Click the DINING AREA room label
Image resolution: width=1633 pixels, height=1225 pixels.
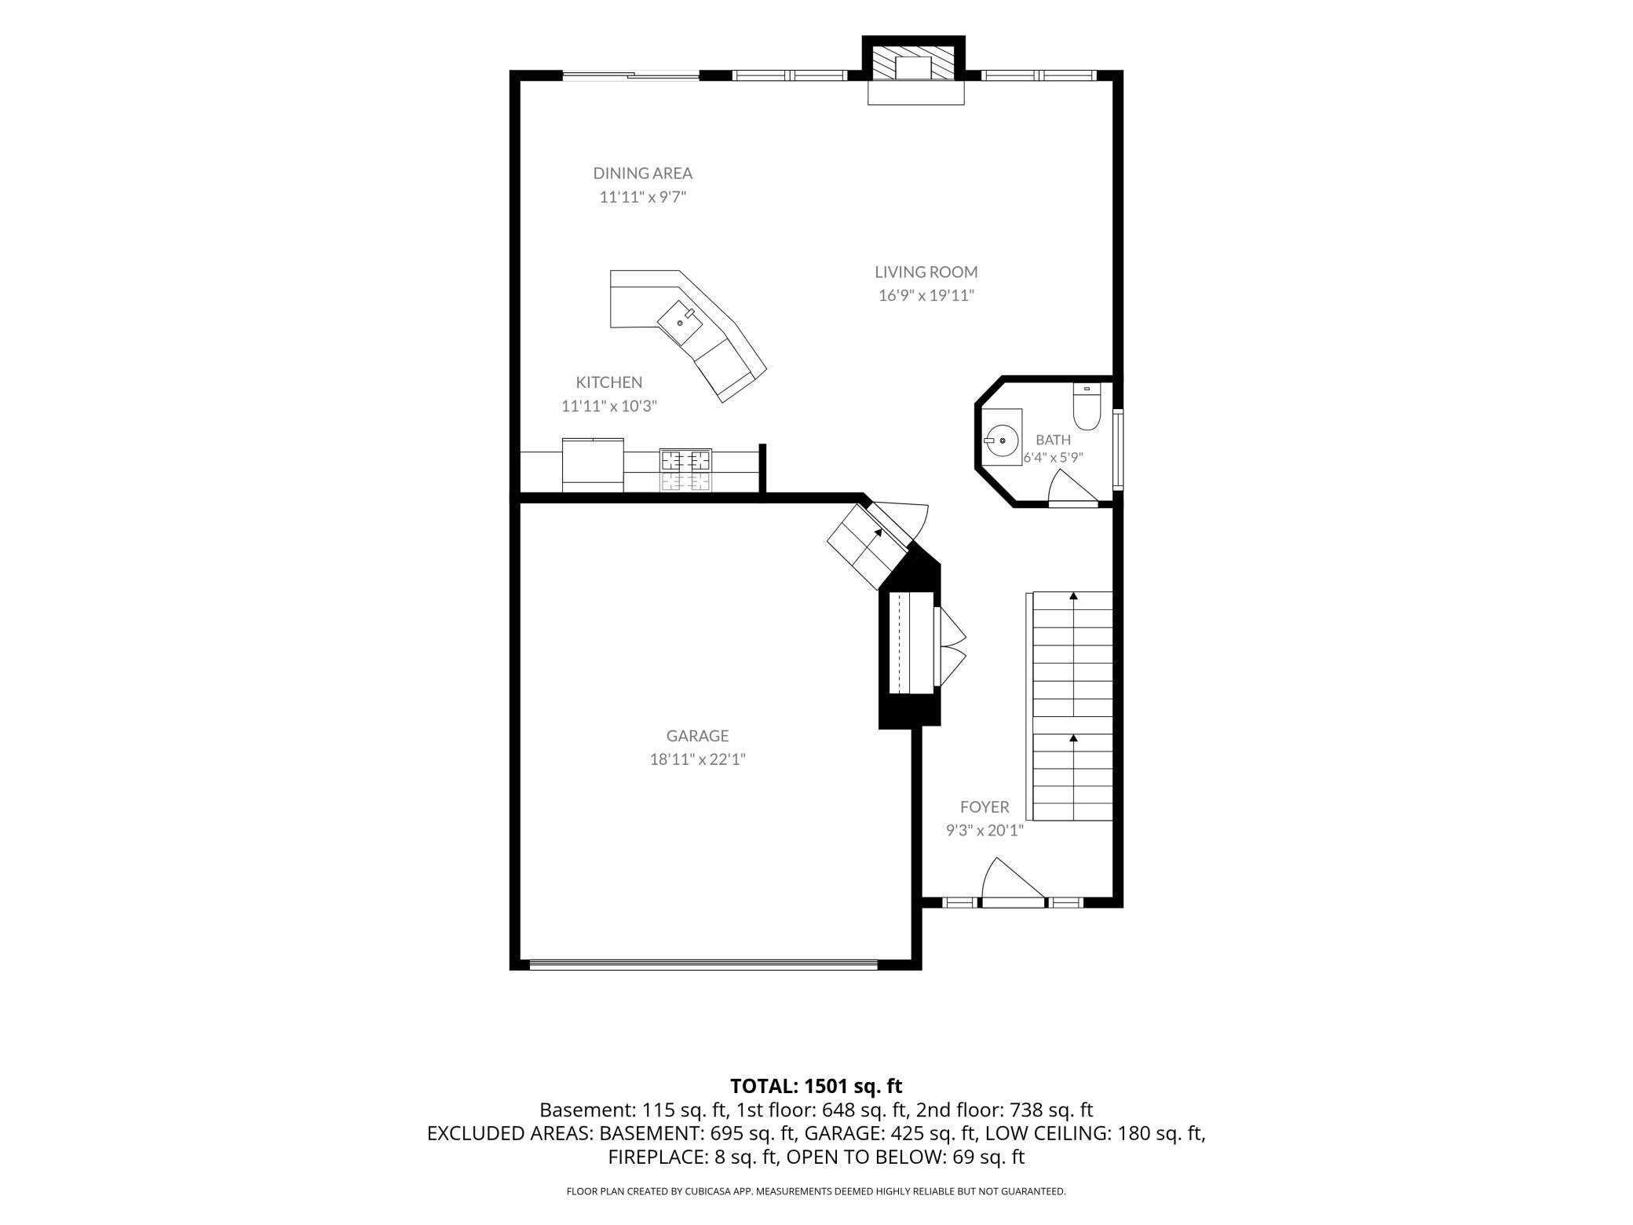tap(642, 173)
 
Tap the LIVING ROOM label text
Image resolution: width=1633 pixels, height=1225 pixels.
tap(926, 272)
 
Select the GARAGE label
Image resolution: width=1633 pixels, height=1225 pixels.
tap(697, 736)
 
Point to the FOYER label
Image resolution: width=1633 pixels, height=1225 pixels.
tap(985, 807)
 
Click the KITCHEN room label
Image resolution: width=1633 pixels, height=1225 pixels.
tap(609, 382)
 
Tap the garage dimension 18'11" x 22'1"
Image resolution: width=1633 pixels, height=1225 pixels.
tap(697, 759)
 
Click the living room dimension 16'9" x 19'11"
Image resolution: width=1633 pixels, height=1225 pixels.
tap(926, 295)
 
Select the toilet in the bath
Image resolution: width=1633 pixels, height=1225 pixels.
tap(1087, 406)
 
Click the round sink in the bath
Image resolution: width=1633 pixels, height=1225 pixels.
tap(1002, 441)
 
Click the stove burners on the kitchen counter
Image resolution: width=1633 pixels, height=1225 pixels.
tap(686, 470)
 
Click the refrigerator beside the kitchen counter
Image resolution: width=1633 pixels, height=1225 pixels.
tap(593, 465)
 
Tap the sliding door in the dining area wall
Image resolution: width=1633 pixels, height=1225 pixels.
tap(630, 76)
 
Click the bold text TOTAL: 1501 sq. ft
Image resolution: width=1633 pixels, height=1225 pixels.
tap(816, 1086)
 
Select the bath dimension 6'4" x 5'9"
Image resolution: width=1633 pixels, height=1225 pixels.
tap(1053, 457)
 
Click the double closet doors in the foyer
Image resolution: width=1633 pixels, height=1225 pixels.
tap(950, 645)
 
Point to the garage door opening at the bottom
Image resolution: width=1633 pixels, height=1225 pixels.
tap(703, 964)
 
